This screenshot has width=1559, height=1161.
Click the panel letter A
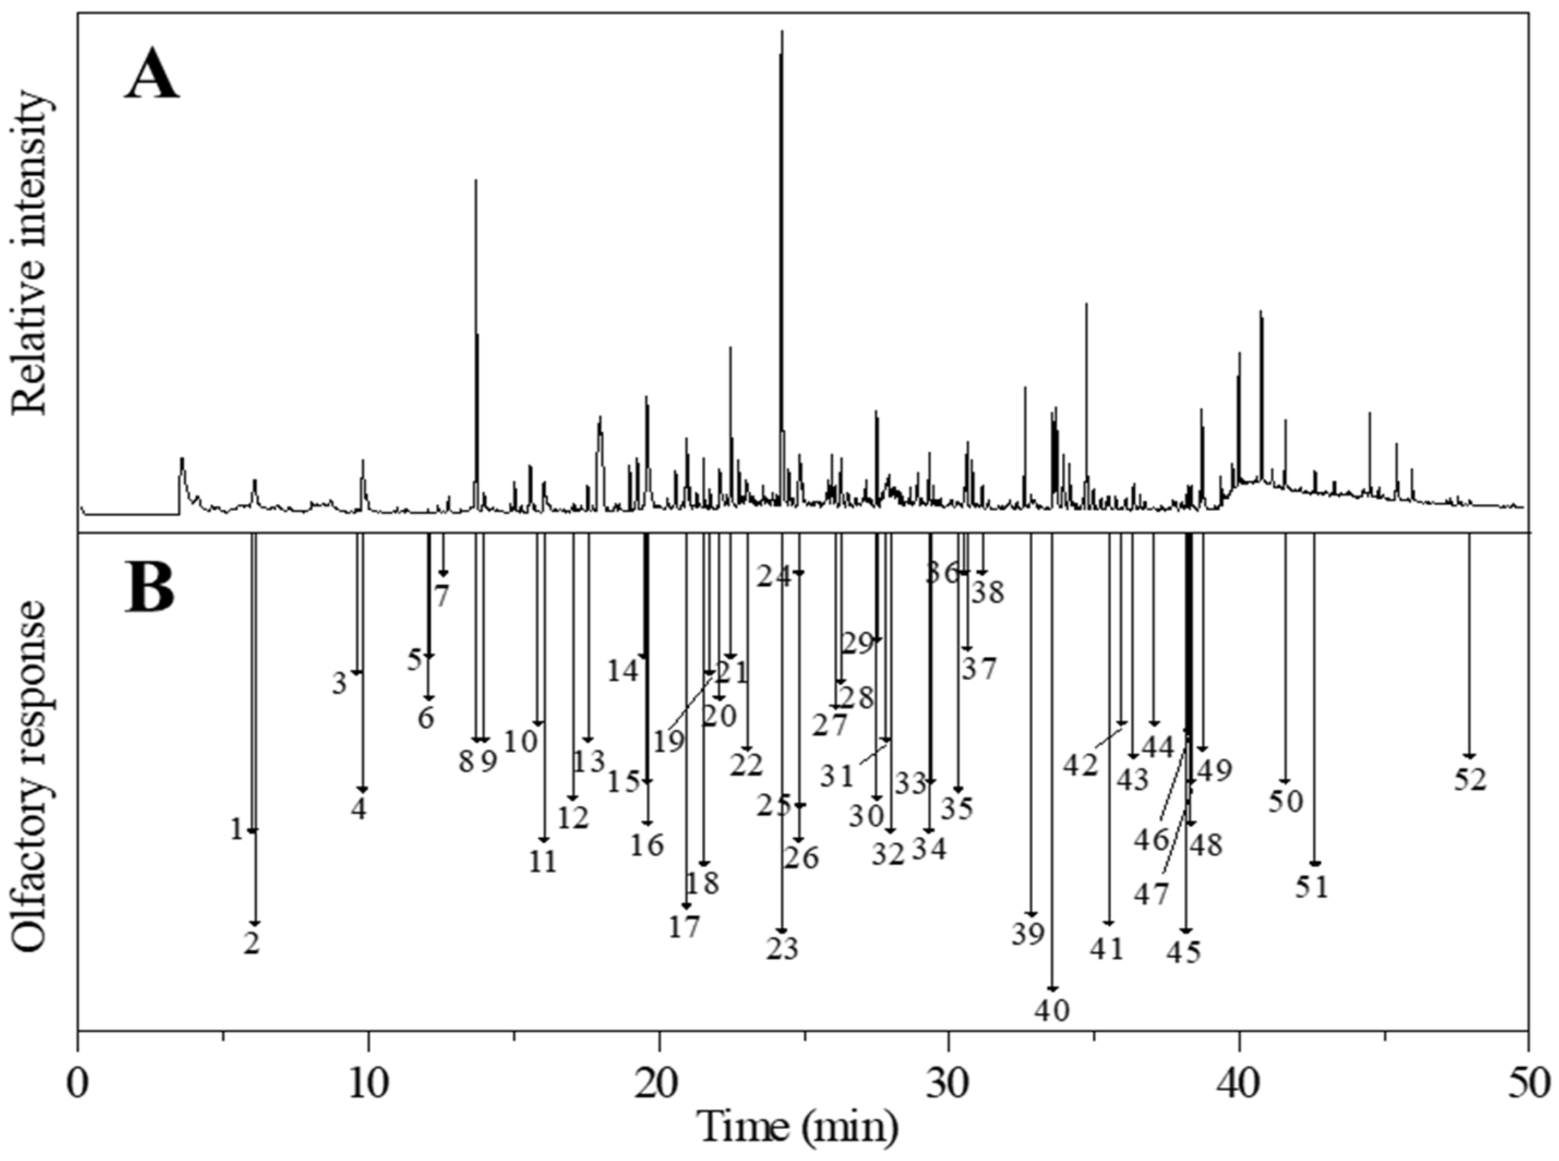tap(151, 75)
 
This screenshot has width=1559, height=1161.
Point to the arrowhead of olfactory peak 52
tap(1468, 756)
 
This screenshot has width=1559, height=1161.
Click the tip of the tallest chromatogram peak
tap(781, 32)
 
